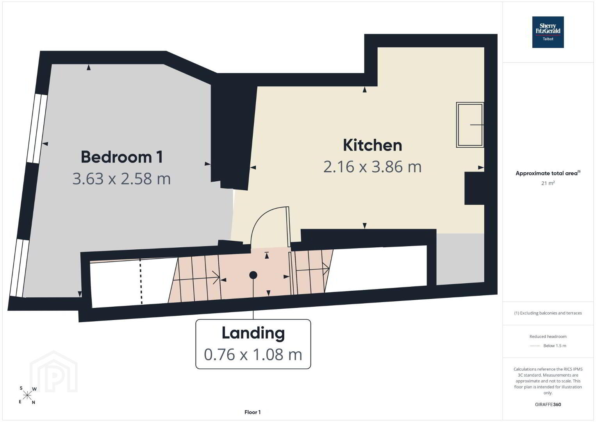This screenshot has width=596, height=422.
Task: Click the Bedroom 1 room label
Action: pos(121,157)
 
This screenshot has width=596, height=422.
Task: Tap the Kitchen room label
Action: pos(372,145)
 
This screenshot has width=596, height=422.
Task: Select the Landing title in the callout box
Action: pos(253,333)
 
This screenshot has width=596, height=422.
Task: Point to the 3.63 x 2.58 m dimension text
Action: pos(121,179)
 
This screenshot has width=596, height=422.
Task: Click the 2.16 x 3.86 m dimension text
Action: pos(372,167)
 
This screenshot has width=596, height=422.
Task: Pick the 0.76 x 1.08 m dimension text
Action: pos(253,355)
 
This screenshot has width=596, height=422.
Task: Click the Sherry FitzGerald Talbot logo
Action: pos(548,32)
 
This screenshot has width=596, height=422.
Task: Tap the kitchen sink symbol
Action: pos(470,125)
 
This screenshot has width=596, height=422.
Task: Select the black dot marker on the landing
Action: pos(253,275)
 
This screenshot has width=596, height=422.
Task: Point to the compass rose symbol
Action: pos(27,396)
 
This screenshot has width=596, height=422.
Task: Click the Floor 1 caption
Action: pos(253,412)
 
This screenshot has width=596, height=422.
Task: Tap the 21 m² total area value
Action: pos(548,183)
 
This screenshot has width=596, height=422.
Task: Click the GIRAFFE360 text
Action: pos(548,404)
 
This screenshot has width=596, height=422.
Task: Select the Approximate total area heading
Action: pos(548,173)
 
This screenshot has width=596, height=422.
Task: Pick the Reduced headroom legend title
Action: pos(548,336)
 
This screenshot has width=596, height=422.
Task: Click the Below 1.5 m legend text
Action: pos(555,345)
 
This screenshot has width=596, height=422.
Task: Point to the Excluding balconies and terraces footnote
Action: pos(548,313)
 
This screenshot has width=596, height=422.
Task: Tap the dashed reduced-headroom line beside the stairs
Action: pos(141,281)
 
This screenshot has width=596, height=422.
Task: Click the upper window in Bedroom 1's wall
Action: pos(37,129)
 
